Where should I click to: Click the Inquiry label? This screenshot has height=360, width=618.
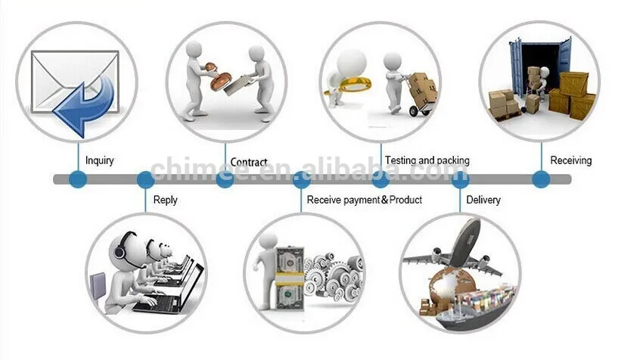click(99, 160)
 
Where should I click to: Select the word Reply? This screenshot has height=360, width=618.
click(165, 200)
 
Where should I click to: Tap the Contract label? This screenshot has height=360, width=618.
click(249, 162)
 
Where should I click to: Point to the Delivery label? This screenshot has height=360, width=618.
click(483, 200)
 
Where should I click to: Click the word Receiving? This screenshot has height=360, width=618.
click(570, 160)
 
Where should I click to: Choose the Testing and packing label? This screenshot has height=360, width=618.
click(427, 160)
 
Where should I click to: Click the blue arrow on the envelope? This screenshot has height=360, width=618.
click(83, 106)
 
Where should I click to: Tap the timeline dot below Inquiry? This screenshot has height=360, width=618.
click(78, 179)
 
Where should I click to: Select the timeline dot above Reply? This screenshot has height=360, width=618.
click(145, 179)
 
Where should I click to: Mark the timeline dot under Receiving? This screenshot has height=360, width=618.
click(541, 179)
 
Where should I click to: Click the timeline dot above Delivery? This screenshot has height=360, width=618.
click(460, 179)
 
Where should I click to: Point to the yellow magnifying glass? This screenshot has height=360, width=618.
click(349, 85)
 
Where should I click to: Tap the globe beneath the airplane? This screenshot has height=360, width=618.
click(452, 286)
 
